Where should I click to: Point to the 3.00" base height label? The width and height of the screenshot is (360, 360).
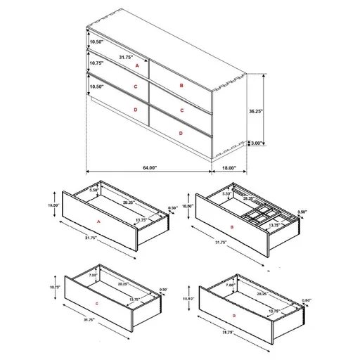[257, 143]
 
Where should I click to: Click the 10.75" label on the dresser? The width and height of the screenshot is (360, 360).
[96, 64]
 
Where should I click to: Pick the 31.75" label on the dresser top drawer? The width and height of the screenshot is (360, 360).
[127, 57]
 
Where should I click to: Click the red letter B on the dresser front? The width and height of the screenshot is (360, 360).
[181, 85]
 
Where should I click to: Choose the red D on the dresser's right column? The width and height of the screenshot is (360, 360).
[181, 133]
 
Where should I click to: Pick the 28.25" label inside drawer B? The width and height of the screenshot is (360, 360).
[249, 199]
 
